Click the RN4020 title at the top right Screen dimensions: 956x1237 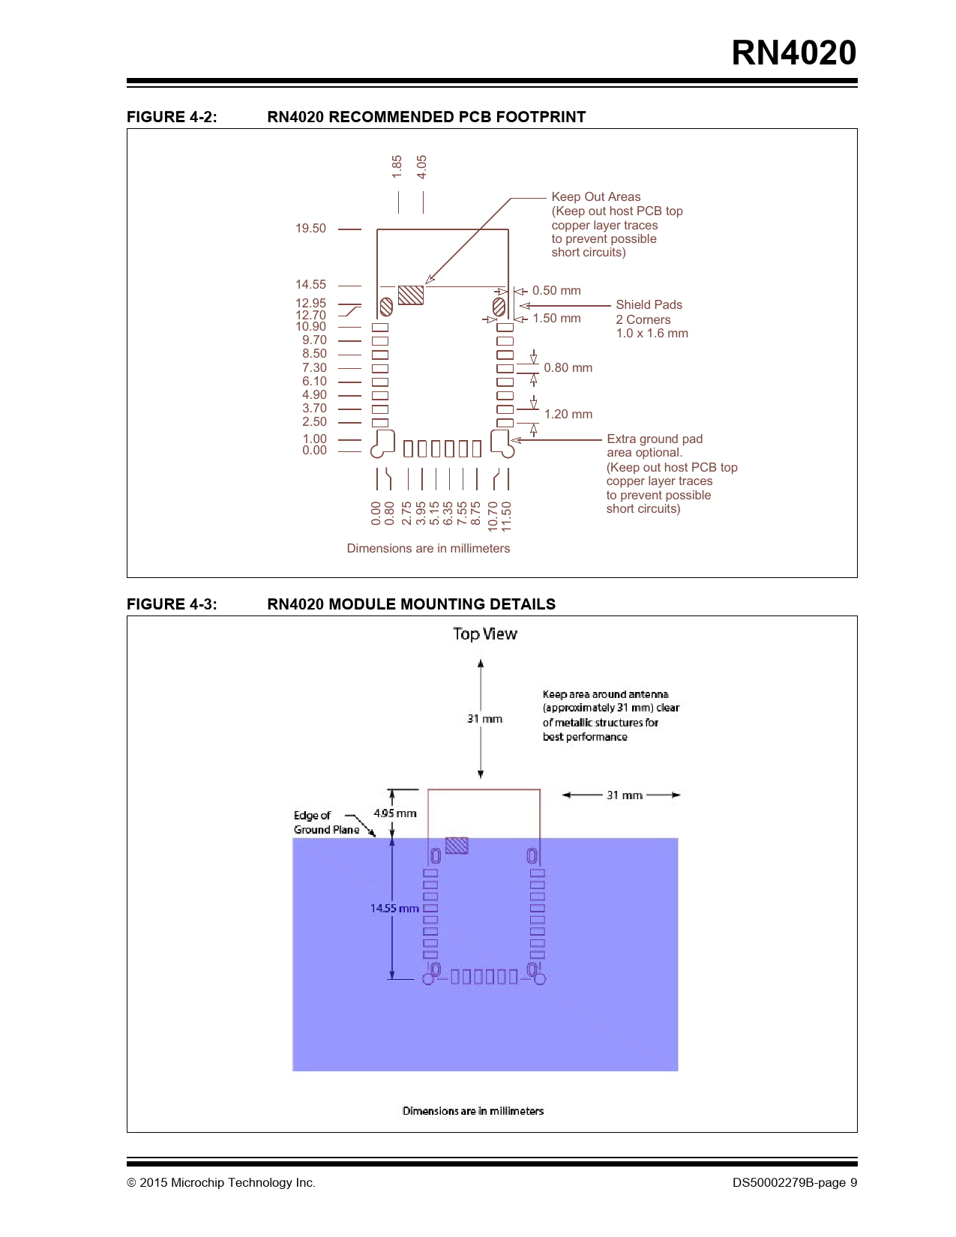point(793,53)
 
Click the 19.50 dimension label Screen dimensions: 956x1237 point(310,228)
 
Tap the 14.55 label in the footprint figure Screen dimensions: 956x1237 point(310,284)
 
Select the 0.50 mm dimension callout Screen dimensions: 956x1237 point(556,290)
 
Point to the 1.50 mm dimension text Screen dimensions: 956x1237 point(556,318)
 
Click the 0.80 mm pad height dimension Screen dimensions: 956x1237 point(568,368)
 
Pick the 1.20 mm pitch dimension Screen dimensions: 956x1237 point(568,414)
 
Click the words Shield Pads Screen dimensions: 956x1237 point(649,304)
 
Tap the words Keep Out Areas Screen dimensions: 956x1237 point(595,196)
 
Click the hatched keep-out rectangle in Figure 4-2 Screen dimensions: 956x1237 point(411,295)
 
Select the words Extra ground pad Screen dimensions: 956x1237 point(655,439)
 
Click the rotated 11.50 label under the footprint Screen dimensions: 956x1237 point(506,517)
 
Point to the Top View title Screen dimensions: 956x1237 point(484,633)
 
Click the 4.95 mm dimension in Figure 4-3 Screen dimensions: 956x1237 point(394,813)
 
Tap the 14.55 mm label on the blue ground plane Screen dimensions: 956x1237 point(394,908)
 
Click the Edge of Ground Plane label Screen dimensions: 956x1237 point(326,822)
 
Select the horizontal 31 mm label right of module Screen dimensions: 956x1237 point(624,795)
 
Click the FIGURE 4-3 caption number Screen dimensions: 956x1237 point(172,604)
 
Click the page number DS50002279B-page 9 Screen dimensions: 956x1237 point(794,1182)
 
